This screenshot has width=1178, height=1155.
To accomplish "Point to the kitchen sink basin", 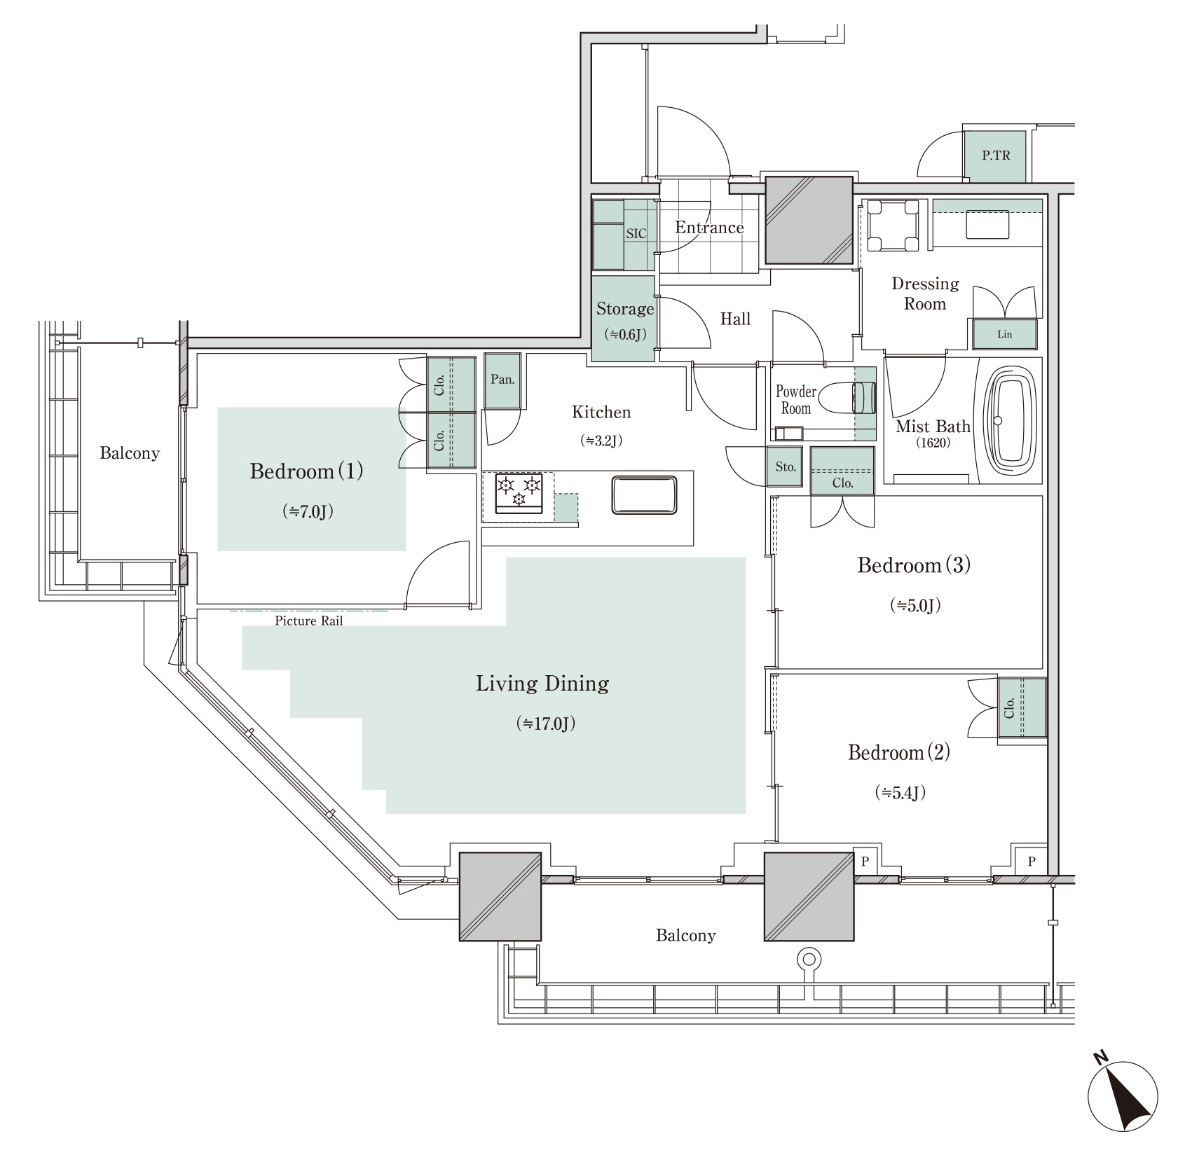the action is [x=644, y=495].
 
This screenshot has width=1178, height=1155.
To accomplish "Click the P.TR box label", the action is [x=995, y=155].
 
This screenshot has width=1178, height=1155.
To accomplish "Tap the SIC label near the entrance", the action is [x=636, y=234].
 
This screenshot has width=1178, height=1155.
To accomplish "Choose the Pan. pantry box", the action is [x=502, y=380].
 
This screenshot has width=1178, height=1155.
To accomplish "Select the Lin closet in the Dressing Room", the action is [x=1004, y=335].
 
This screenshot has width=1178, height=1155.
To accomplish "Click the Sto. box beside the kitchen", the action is [x=786, y=466].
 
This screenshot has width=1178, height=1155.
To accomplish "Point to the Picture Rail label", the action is [x=308, y=621].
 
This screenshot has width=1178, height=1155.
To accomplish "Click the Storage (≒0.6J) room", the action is [x=624, y=319].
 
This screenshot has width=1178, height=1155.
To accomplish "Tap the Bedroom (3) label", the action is [x=913, y=565].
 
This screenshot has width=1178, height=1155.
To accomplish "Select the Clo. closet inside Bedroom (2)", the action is [x=1022, y=707].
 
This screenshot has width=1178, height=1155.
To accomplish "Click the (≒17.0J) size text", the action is [x=545, y=723].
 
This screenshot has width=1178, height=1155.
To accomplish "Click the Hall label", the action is [x=735, y=319].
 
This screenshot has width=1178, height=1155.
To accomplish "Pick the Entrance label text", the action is [x=709, y=228].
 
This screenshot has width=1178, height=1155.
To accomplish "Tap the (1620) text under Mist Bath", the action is [x=933, y=443].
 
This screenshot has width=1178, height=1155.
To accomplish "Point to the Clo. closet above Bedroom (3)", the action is [x=842, y=471].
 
